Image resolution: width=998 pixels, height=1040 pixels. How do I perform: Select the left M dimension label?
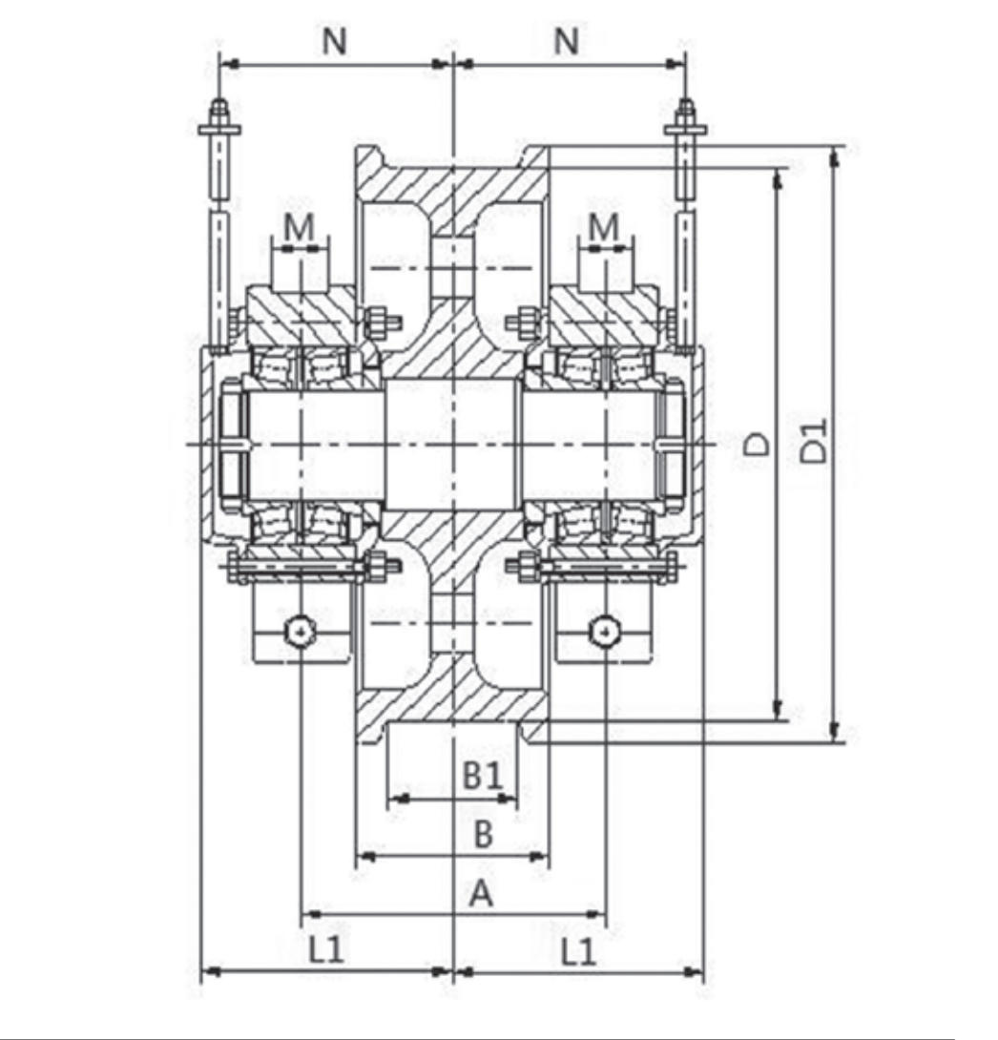click(x=300, y=226)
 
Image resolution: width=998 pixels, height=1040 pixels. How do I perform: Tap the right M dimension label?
click(x=604, y=226)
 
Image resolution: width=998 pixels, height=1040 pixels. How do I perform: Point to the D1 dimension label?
click(x=813, y=441)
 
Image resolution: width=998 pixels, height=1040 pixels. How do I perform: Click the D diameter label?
click(x=758, y=443)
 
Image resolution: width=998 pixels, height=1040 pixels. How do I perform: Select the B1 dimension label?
click(x=483, y=774)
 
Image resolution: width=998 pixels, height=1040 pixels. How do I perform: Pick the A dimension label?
click(x=481, y=894)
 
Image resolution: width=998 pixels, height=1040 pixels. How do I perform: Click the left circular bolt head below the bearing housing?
click(x=301, y=630)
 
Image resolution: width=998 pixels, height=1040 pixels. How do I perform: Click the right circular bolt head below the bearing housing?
click(x=605, y=630)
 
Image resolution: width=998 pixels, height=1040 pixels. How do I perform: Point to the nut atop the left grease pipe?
click(x=219, y=114)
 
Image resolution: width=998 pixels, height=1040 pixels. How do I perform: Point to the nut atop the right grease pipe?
click(x=685, y=114)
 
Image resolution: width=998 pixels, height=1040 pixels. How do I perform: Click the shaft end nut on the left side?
click(x=232, y=443)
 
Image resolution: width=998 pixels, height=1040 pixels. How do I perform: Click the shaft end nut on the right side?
click(x=673, y=443)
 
